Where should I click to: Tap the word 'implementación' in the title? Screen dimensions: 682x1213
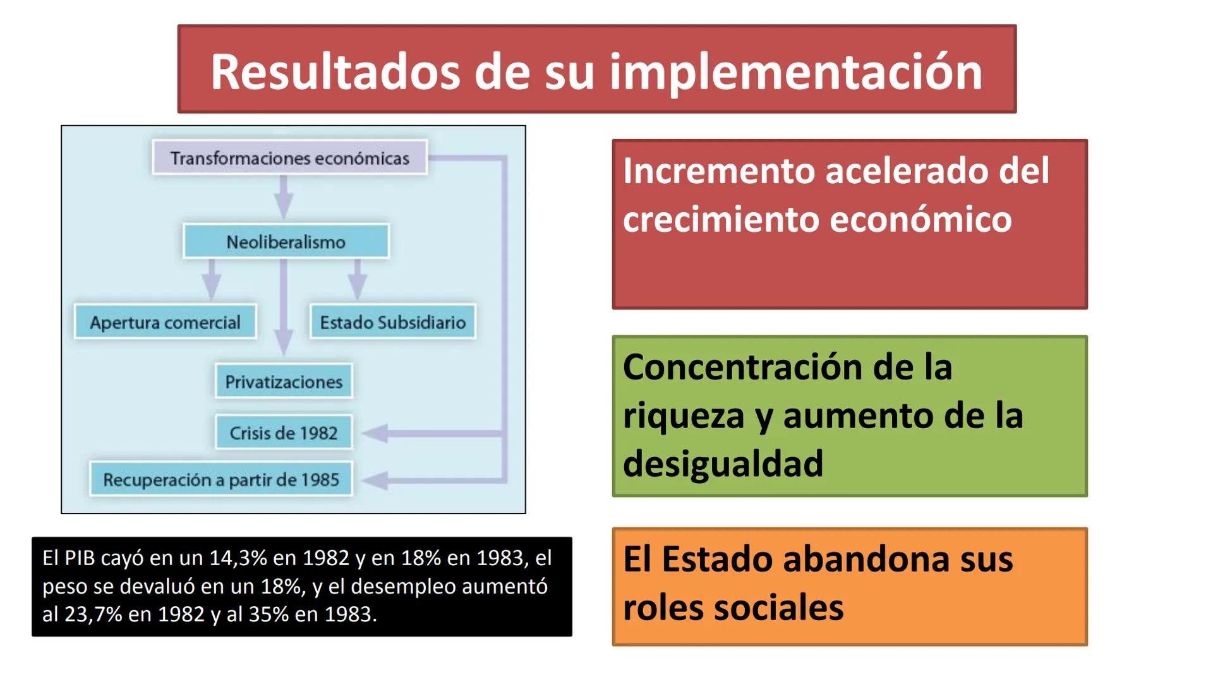coord(795,73)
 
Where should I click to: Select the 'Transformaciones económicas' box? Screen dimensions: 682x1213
coord(289,158)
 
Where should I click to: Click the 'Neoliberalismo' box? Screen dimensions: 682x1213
coord(286,242)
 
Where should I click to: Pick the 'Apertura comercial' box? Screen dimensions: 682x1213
coord(165,323)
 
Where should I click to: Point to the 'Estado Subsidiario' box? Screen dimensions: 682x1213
coord(392,323)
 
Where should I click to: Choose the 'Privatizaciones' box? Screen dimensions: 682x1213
coord(284,381)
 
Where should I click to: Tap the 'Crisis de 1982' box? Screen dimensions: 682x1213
coord(284,433)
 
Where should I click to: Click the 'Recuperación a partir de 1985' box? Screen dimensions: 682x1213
coord(221,480)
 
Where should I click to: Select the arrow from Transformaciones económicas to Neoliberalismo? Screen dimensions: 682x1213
coord(284,198)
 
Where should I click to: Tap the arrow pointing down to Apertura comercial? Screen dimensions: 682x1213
coord(212,281)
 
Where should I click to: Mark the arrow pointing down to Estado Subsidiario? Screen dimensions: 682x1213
coord(358,281)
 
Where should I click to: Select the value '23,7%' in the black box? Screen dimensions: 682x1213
coord(93,614)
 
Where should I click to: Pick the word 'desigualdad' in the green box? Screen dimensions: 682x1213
coord(723,464)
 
